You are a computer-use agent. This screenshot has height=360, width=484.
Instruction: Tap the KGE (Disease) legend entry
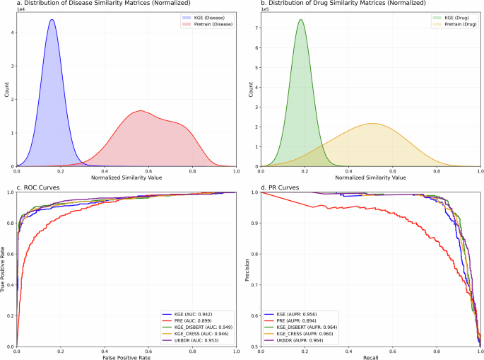click(207, 16)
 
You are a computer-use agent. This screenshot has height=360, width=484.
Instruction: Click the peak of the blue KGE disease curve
click(52, 20)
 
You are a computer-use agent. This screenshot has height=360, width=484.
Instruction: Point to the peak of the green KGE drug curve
click(300, 20)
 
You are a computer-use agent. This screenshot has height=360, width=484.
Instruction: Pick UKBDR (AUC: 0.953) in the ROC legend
click(196, 341)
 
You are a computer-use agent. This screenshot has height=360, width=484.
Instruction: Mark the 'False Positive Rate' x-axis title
click(126, 356)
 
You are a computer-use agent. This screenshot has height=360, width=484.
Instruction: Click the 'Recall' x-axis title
click(370, 356)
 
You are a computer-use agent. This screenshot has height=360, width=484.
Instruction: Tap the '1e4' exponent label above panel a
click(20, 11)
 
